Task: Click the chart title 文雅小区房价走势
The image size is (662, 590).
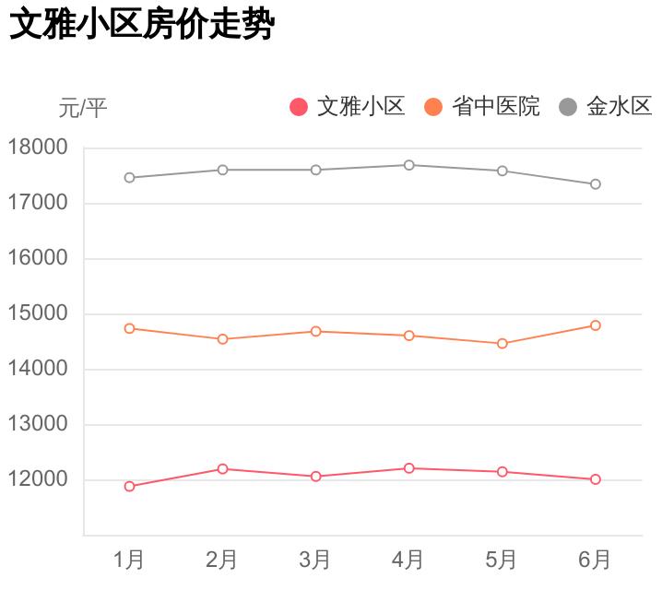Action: point(142,25)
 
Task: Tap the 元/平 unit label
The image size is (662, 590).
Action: point(83,109)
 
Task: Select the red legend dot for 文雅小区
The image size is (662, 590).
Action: point(299,107)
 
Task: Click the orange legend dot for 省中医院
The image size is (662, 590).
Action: point(433,107)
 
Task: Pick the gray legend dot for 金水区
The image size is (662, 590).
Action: point(568,107)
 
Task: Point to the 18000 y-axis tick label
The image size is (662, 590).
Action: point(38,147)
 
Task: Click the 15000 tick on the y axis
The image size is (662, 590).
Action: point(38,313)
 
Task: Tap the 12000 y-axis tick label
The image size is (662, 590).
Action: point(38,479)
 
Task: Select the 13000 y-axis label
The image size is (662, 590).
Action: point(38,424)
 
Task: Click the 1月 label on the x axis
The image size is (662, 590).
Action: point(129,560)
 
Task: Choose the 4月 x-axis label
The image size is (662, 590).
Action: point(408,560)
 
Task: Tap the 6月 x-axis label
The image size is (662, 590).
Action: point(595,560)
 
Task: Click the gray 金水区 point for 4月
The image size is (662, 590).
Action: point(408,165)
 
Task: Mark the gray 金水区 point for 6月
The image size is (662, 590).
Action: point(596,184)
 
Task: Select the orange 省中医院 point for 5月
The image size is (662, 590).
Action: point(502,344)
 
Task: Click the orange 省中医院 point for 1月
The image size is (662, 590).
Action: point(129,328)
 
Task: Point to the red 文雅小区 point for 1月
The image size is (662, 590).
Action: point(129,487)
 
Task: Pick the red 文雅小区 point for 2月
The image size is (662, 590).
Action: point(222,469)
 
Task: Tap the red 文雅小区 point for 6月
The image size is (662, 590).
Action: point(596,479)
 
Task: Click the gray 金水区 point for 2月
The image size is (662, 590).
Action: point(222,170)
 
